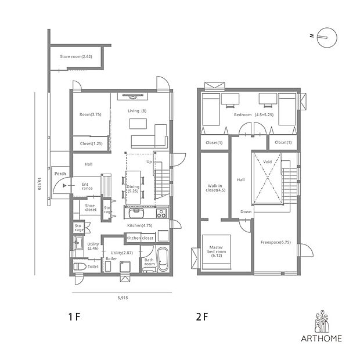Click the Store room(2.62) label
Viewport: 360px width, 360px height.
76,56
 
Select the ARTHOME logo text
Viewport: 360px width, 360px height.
322,338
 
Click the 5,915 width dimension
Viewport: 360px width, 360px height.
123,298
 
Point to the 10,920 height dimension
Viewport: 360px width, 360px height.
39,183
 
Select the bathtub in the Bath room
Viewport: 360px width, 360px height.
163,259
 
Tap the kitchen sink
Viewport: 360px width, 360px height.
136,213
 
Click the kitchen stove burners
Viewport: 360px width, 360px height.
161,214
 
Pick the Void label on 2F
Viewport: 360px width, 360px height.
267,162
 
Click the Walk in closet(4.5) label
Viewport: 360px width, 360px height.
215,188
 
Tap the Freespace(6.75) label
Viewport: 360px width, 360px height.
275,242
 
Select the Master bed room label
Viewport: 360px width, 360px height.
217,251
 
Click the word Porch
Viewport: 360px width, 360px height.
60,174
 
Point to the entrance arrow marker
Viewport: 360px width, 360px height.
65,185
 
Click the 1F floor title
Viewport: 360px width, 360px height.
74,317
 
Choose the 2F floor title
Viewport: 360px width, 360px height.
202,317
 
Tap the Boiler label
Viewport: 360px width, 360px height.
111,259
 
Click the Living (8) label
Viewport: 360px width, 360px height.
137,111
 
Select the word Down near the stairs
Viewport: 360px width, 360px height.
246,212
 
